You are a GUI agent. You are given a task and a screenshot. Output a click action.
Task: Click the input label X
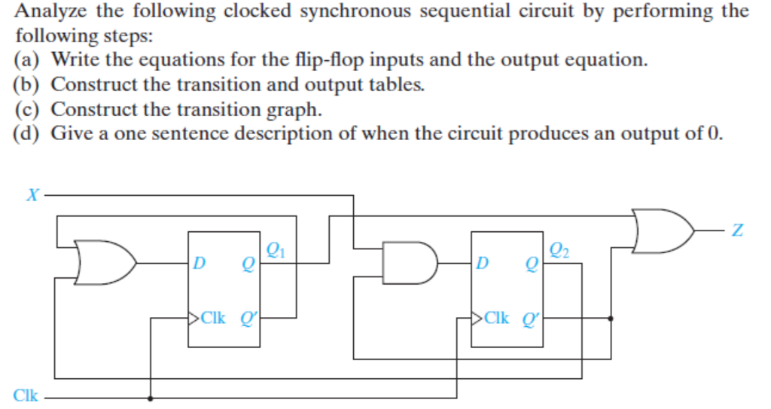32,195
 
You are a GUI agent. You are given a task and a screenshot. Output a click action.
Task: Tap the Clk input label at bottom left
26,395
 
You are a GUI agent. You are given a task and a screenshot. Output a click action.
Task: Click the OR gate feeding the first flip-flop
105,263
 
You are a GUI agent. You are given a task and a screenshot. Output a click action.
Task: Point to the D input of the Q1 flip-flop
199,264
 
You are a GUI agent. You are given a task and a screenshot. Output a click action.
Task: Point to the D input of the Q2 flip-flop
482,264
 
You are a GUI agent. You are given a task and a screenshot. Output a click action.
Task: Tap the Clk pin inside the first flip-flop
210,318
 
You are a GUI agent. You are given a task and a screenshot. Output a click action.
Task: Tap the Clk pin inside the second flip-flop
493,318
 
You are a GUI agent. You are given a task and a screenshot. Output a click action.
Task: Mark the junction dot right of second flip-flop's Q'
610,318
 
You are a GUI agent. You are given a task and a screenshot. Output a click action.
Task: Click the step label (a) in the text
28,60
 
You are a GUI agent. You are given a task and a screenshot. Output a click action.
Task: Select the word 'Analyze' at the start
51,11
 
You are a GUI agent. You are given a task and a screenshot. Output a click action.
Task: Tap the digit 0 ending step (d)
714,134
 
